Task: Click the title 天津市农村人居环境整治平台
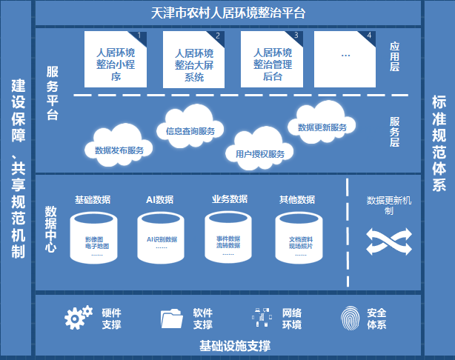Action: (227, 13)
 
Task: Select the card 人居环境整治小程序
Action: (116, 61)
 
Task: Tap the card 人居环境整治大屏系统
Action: (194, 61)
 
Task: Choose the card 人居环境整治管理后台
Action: (272, 61)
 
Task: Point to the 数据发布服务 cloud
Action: (119, 147)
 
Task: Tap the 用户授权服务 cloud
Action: (260, 152)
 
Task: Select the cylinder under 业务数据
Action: (230, 237)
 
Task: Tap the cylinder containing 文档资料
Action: (300, 237)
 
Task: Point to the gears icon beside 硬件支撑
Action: (79, 318)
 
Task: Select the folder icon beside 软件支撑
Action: (172, 319)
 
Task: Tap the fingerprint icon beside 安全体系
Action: (351, 319)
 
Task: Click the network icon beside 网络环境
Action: (262, 318)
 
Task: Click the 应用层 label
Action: (395, 56)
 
